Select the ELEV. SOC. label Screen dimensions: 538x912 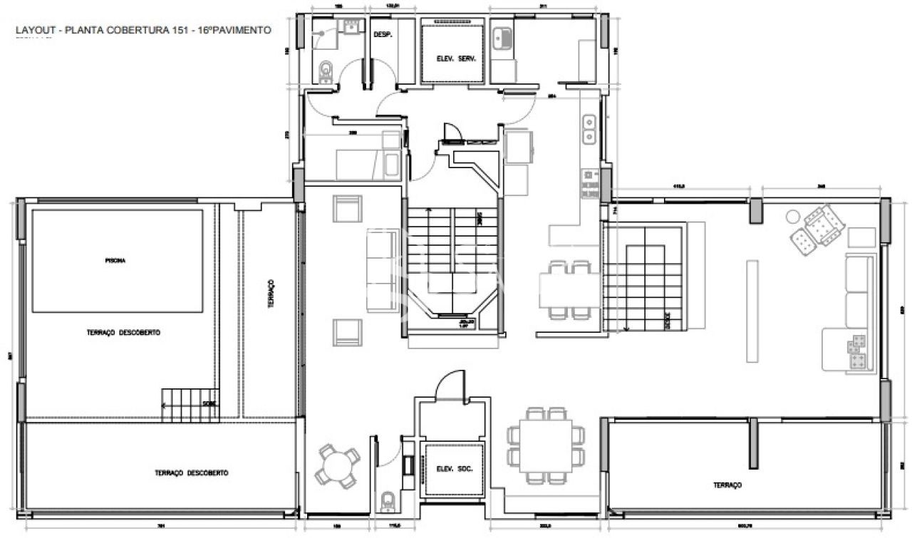pos(454,469)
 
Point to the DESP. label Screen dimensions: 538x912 pos(383,34)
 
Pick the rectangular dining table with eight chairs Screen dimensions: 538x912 pos(546,445)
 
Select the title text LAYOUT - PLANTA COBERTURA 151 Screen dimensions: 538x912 pos(142,31)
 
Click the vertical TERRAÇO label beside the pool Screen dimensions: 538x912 pos(271,293)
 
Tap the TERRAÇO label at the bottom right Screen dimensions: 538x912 pos(727,485)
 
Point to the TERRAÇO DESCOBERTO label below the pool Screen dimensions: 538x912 pos(123,333)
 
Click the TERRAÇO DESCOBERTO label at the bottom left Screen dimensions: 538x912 pos(192,473)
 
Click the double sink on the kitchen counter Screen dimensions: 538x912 pos(590,129)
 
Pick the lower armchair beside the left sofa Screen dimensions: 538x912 pos(348,332)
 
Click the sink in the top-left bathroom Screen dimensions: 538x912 pos(351,26)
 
